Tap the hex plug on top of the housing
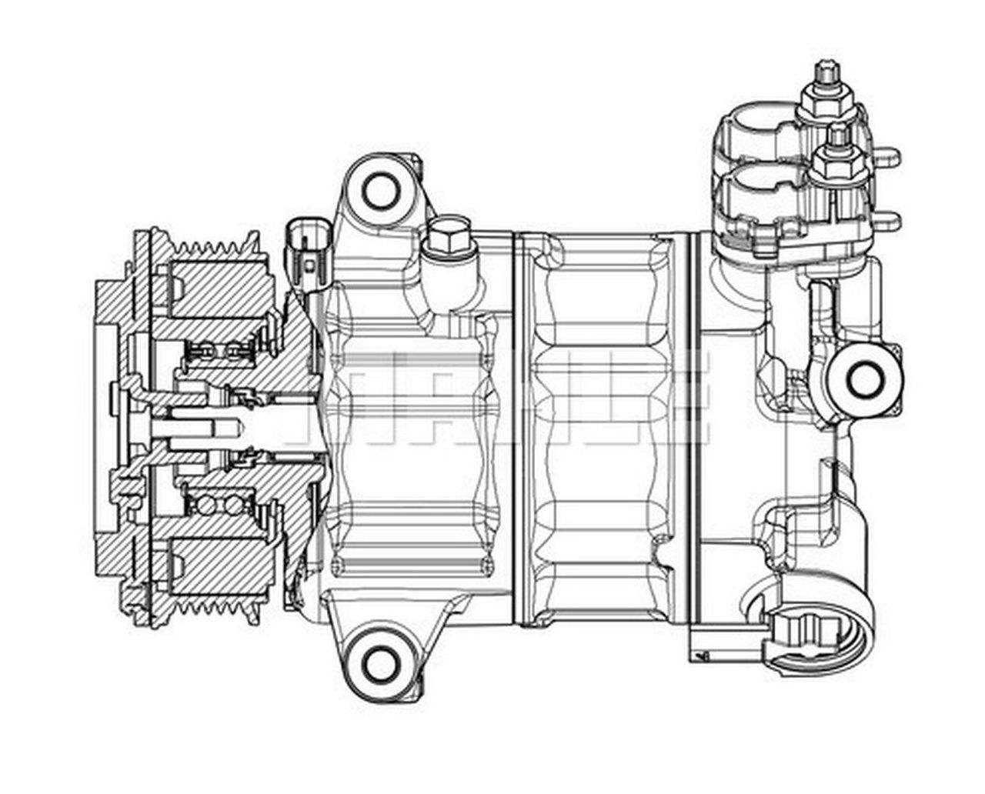tap(446, 236)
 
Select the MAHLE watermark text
tap(492, 400)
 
